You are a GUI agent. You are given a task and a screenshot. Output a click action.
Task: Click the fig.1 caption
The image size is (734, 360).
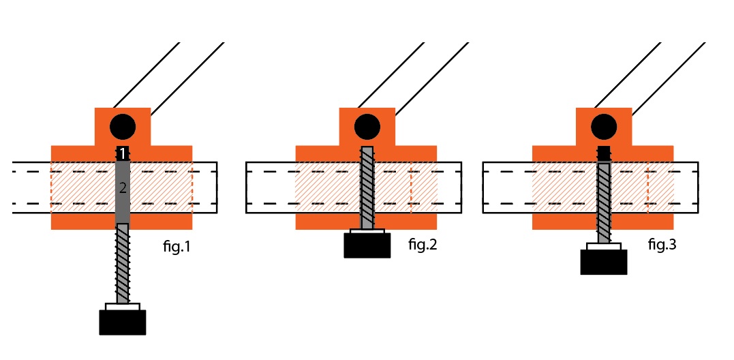click(x=177, y=247)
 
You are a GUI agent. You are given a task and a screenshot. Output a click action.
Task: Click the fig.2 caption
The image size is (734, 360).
click(x=422, y=244)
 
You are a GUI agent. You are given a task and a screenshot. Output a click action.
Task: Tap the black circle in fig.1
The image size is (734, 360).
click(x=123, y=127)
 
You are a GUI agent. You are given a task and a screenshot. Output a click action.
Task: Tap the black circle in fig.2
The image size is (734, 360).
click(x=367, y=127)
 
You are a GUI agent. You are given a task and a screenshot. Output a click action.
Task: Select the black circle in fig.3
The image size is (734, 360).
click(x=604, y=127)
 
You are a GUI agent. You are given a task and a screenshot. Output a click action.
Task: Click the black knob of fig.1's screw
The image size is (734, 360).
click(x=123, y=322)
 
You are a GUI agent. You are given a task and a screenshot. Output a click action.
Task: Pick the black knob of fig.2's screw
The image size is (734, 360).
click(x=367, y=245)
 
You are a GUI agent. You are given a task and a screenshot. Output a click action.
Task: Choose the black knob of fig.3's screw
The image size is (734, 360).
click(x=604, y=262)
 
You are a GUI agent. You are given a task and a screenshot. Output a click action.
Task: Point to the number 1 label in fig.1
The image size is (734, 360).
click(x=123, y=154)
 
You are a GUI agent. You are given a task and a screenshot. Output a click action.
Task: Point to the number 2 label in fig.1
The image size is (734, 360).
click(x=123, y=189)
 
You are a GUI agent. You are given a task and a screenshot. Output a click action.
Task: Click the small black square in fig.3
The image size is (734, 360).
click(x=604, y=153)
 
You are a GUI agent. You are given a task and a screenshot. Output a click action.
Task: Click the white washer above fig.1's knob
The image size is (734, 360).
click(x=123, y=307)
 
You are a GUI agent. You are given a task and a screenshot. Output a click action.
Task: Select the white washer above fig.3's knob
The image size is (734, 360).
click(x=604, y=246)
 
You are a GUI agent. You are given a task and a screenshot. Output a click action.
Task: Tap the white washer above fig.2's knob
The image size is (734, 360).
click(x=367, y=232)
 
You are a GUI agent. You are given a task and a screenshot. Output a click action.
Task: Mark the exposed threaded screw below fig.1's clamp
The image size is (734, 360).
click(x=123, y=262)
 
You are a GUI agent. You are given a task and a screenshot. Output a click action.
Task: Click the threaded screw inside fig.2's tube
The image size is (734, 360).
click(x=367, y=187)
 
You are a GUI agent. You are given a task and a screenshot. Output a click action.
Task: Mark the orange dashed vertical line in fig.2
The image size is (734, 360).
click(x=411, y=187)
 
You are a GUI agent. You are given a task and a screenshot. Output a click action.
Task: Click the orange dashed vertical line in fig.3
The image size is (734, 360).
click(x=647, y=187)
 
